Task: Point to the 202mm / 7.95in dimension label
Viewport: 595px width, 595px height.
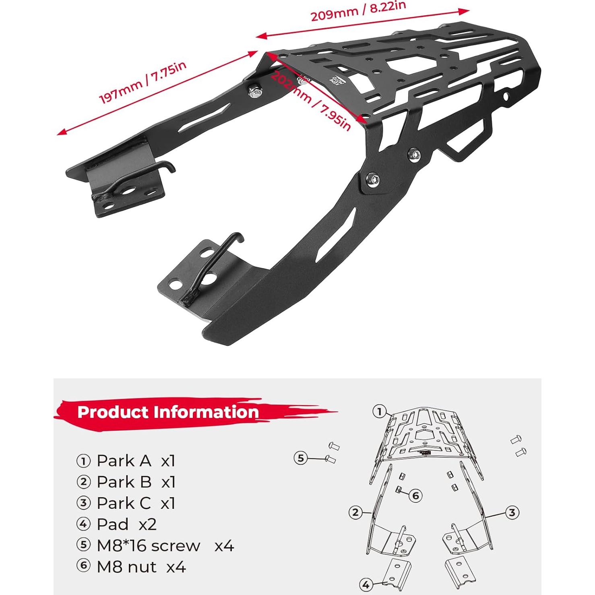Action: click(310, 101)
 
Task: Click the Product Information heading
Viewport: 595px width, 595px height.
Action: click(168, 412)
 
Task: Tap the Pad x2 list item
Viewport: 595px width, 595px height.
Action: click(117, 524)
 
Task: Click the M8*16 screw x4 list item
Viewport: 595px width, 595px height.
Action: click(155, 546)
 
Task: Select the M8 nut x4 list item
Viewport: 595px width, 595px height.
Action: click(132, 567)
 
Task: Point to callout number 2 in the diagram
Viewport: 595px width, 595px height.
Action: click(355, 512)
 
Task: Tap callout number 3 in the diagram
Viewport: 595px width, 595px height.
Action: click(512, 512)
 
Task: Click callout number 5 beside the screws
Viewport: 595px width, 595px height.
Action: click(300, 458)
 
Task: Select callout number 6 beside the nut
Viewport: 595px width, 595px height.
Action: click(416, 495)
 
